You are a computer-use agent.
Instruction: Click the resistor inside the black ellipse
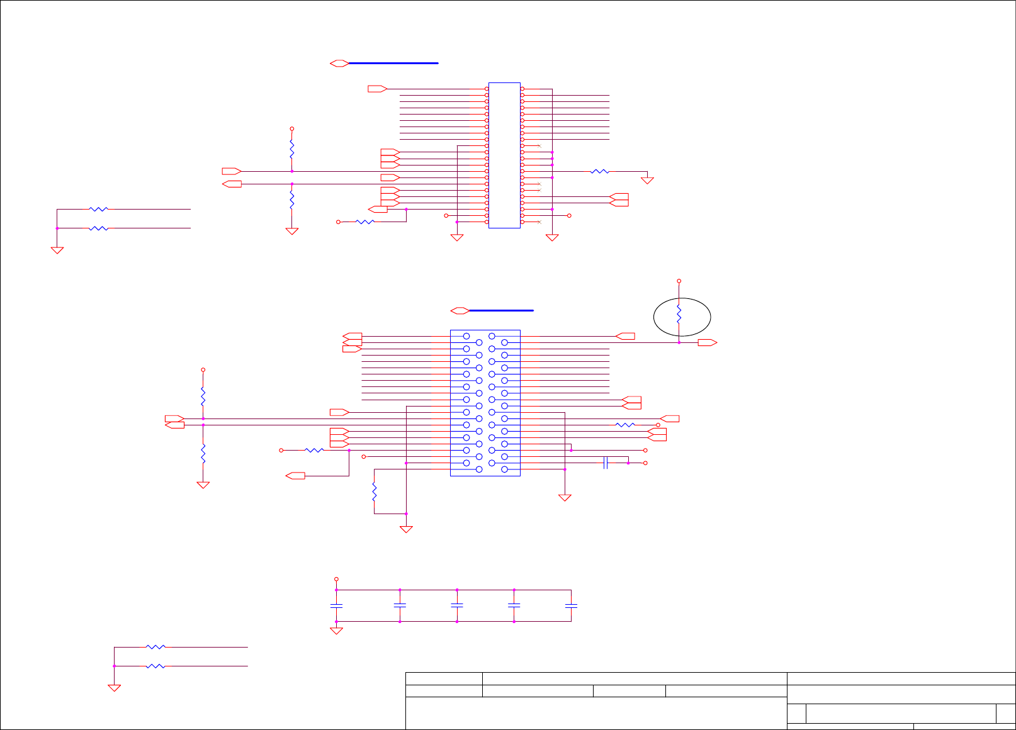[679, 314]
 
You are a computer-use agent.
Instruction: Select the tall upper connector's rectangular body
[504, 155]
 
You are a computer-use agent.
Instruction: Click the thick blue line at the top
[393, 63]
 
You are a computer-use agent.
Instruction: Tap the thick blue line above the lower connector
[501, 310]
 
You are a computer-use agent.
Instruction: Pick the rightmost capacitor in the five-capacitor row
[571, 605]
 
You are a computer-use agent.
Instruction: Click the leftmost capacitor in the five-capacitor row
[336, 605]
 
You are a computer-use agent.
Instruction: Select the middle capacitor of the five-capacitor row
[457, 605]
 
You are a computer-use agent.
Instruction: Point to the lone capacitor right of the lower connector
[606, 463]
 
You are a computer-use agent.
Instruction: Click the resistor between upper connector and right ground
[600, 171]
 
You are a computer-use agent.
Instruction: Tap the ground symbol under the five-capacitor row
[336, 631]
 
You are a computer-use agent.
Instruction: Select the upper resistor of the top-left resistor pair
[99, 209]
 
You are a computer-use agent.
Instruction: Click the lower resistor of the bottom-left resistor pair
[155, 666]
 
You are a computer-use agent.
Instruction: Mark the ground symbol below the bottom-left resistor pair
[114, 688]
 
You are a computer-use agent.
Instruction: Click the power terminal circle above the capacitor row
[336, 579]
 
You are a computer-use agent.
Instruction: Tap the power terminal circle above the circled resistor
[679, 281]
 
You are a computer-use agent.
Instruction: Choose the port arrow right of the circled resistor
[708, 342]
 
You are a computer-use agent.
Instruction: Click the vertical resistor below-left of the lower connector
[375, 491]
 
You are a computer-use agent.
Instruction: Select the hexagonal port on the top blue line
[339, 63]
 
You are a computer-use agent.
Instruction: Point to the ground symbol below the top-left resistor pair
[57, 250]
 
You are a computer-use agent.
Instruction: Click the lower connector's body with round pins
[485, 403]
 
